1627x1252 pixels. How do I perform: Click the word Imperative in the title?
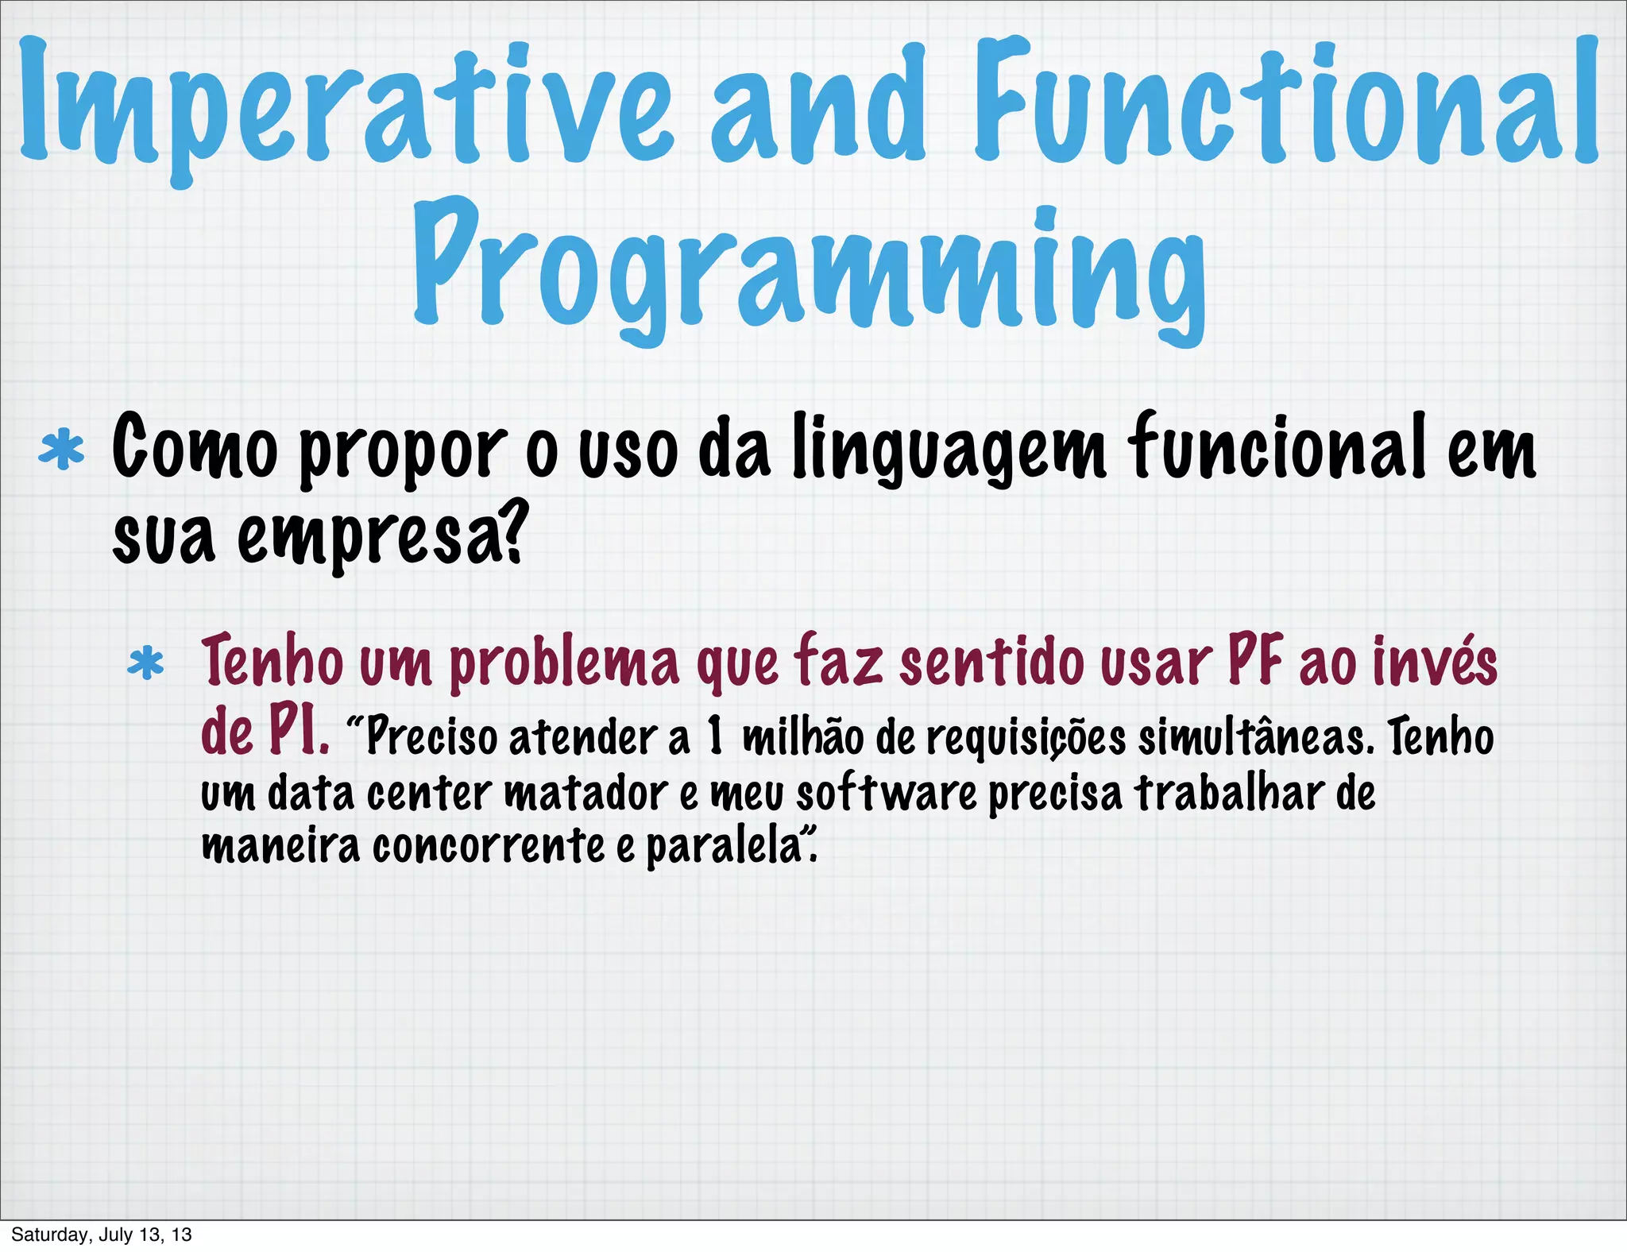[x=346, y=107]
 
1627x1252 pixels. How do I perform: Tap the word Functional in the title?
[x=1285, y=103]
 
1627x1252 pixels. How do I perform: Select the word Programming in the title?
[x=809, y=270]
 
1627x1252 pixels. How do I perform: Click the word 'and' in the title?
[x=818, y=107]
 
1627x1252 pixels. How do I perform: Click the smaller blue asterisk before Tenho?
[x=146, y=664]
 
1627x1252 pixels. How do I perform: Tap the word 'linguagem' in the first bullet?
[x=949, y=451]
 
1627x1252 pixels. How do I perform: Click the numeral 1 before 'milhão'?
[x=715, y=736]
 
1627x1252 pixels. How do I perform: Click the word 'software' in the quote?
[x=886, y=793]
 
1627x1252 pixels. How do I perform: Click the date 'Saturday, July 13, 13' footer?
[x=102, y=1235]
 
